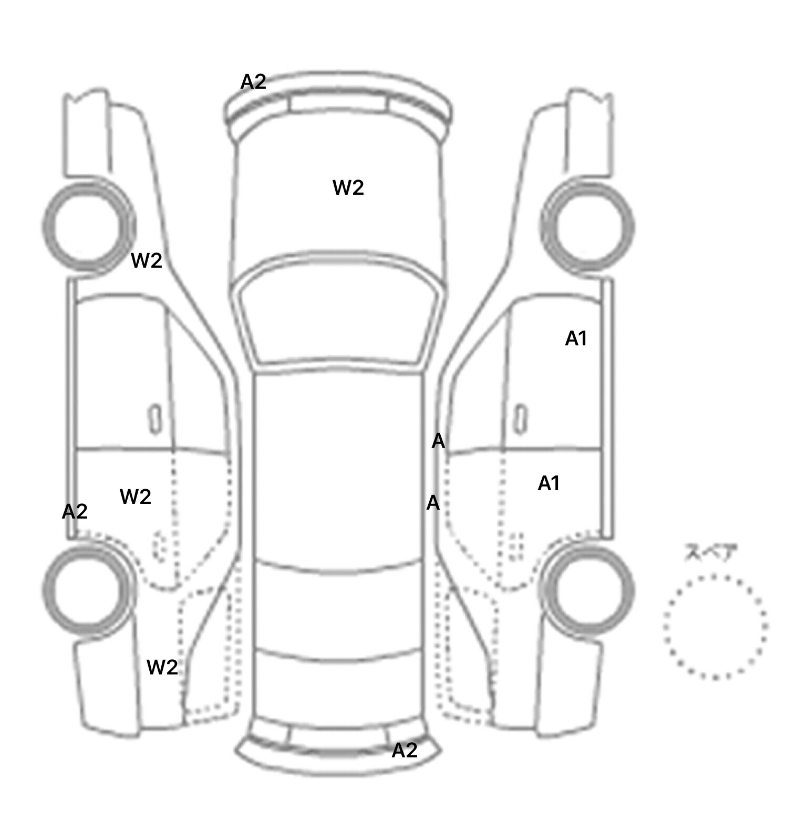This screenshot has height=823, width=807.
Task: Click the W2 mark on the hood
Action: (x=348, y=187)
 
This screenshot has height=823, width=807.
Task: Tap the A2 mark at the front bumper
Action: (x=253, y=81)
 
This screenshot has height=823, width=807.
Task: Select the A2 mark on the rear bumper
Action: (x=405, y=750)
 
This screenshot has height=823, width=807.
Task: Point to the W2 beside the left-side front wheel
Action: (x=147, y=260)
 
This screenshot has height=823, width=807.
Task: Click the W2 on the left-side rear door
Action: (x=136, y=496)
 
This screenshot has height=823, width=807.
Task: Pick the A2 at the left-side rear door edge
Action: (x=75, y=511)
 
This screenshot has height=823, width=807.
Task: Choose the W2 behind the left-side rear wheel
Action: (x=162, y=667)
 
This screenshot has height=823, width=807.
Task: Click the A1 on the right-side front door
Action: (x=576, y=339)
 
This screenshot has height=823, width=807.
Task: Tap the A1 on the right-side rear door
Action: (x=549, y=483)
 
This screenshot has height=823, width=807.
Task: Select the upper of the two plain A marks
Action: (x=438, y=441)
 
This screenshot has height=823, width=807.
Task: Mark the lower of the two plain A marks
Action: (x=432, y=503)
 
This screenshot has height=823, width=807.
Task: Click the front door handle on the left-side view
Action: (x=155, y=419)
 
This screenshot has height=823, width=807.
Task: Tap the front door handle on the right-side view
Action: (x=521, y=419)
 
